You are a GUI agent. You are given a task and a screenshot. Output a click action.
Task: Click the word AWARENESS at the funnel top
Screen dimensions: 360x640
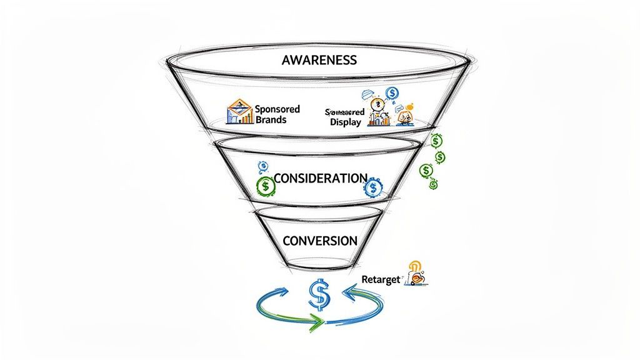319,60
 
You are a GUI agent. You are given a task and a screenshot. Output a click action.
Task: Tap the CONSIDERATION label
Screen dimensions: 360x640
320,178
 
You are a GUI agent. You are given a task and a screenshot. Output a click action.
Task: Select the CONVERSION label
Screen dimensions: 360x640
320,241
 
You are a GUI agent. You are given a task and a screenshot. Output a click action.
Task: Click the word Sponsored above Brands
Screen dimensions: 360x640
277,109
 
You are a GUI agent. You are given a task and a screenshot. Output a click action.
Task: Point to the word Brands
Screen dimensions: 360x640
271,119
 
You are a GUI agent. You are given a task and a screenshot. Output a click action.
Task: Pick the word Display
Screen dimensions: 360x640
346,122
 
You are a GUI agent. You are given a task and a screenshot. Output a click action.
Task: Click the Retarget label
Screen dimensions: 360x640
380,279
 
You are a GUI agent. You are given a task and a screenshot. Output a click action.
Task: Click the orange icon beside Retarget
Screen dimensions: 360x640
416,274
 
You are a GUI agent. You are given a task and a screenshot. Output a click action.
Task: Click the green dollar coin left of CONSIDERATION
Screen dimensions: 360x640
266,185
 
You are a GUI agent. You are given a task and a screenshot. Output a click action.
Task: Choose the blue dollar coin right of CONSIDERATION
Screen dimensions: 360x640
373,187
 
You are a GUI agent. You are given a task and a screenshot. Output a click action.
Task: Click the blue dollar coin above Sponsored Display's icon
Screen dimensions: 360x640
392,94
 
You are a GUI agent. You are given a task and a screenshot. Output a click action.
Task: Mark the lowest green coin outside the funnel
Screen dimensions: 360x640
433,184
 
